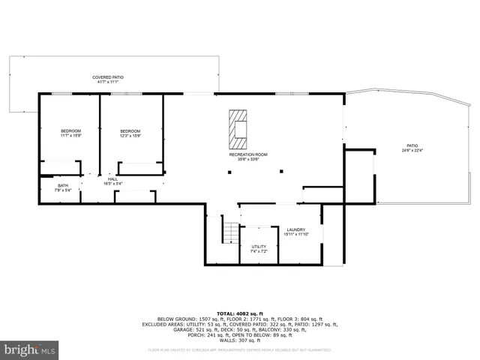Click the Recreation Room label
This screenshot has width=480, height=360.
248,154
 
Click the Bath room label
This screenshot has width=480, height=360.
63,186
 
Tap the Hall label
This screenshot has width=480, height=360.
112,179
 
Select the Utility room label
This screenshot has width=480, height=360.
259,246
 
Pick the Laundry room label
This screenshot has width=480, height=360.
295,229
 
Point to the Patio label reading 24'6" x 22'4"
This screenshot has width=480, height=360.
412,146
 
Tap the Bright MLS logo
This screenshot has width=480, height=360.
30,349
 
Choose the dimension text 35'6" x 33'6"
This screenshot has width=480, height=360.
248,159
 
